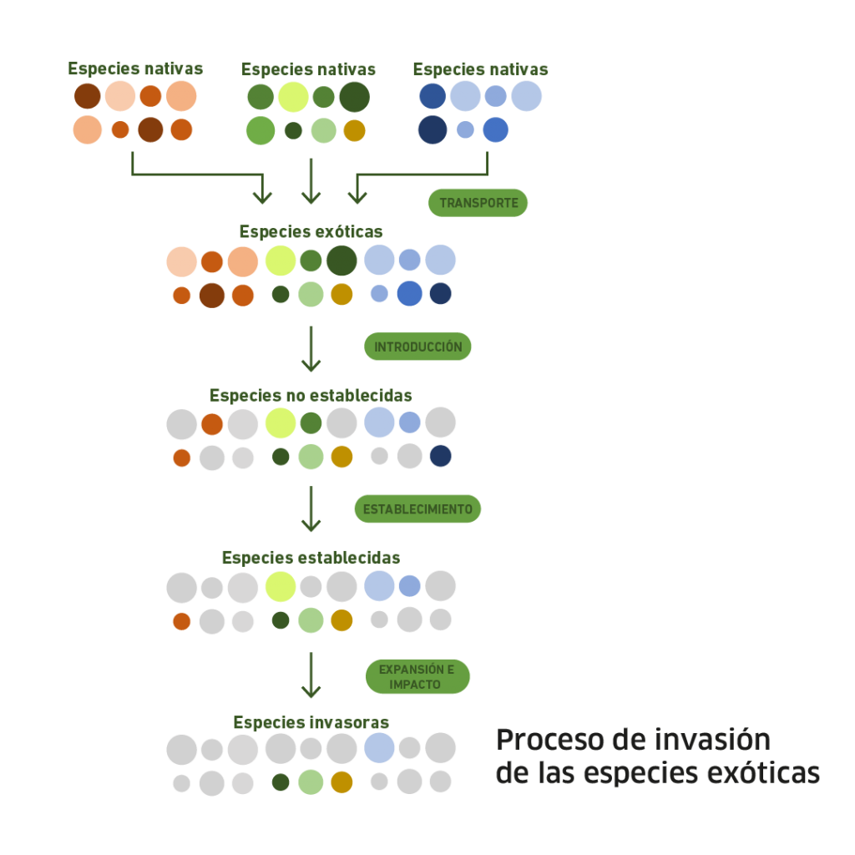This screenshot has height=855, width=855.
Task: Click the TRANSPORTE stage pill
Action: (x=478, y=203)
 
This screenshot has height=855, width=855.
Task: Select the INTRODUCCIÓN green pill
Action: (x=417, y=347)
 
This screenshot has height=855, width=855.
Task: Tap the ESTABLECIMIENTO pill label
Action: (x=417, y=509)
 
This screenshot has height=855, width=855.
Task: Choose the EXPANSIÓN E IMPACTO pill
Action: (x=417, y=676)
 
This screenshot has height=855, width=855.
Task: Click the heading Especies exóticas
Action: (x=311, y=231)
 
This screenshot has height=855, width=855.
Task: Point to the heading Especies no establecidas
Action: (x=311, y=395)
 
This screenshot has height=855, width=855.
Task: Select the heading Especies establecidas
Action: (x=311, y=557)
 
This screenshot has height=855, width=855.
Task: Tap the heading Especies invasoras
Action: (x=311, y=721)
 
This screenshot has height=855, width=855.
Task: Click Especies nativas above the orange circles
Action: (x=135, y=68)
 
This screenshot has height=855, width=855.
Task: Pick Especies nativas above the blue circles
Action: (x=480, y=68)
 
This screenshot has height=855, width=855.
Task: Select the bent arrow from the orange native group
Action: (x=200, y=175)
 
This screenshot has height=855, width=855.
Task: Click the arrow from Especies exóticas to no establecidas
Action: (x=311, y=349)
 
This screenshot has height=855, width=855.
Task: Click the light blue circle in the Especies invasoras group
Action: (x=380, y=747)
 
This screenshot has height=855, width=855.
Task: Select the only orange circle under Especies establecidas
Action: (x=181, y=621)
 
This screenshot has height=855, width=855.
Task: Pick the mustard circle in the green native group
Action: (x=355, y=131)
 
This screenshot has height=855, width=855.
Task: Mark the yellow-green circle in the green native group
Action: (x=293, y=97)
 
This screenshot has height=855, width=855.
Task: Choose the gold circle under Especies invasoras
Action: (x=341, y=782)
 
